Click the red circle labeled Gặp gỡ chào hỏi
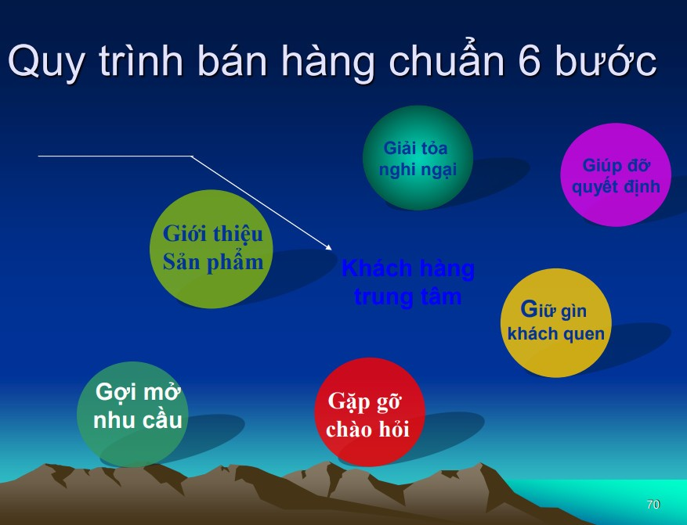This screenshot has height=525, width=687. [369, 412]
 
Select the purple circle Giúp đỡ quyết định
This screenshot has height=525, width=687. [616, 174]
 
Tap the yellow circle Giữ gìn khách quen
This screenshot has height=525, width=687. [555, 322]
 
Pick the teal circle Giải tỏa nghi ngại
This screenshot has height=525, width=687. [418, 157]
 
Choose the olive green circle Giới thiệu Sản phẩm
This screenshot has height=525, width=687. [212, 249]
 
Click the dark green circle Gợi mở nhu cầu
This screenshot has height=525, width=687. [132, 414]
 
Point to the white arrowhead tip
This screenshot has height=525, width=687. [331, 250]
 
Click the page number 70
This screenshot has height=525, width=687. [653, 505]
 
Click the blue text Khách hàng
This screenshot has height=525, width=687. [407, 268]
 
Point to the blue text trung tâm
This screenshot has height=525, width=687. [407, 297]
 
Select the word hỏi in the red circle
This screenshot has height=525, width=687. [394, 430]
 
